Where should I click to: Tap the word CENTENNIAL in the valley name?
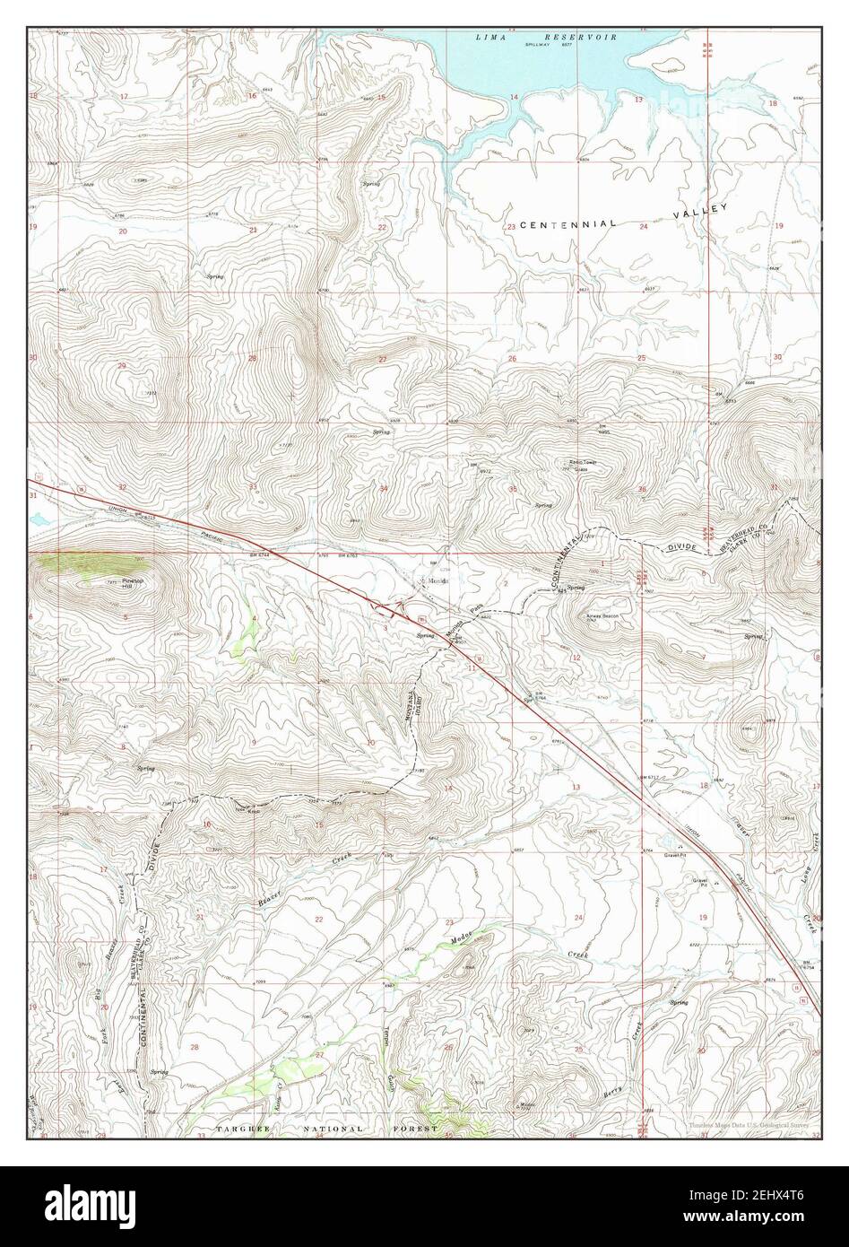tap(568, 223)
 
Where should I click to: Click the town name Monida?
tap(437, 580)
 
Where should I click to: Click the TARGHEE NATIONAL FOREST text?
tap(326, 1129)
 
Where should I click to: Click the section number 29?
tap(120, 366)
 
